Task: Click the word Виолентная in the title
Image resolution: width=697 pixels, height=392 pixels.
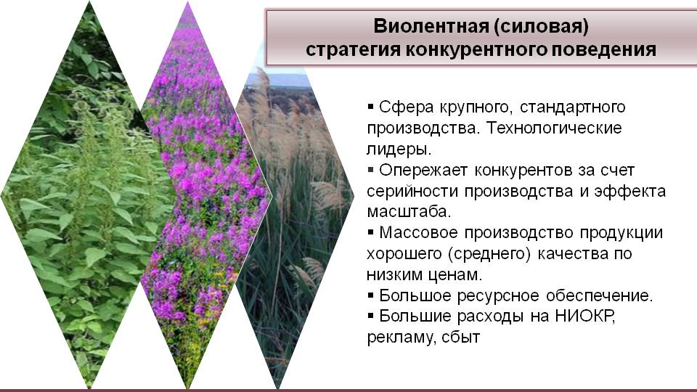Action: point(431,26)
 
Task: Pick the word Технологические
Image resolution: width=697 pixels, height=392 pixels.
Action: point(554,128)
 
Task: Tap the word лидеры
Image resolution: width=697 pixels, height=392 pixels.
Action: point(399,150)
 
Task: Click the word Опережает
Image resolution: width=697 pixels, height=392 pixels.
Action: point(423,171)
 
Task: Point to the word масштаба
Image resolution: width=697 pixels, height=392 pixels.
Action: point(409,211)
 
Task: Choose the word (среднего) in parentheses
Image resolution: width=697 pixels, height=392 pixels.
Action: point(489,254)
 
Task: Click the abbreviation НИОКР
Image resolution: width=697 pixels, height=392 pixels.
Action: point(585,316)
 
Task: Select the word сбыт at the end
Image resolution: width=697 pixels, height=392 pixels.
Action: point(461,338)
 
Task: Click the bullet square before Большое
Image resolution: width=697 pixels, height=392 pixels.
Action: point(371,295)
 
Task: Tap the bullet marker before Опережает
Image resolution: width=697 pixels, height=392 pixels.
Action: point(371,169)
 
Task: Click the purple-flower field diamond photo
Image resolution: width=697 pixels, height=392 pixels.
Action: point(205,195)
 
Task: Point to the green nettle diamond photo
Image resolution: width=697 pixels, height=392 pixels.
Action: point(89,195)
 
